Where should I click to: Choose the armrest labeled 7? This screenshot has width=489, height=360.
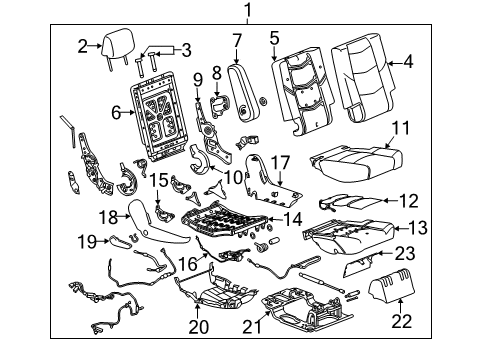click(240, 88)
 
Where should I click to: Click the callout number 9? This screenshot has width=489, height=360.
click(197, 79)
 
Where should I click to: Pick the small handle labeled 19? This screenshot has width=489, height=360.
click(119, 239)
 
